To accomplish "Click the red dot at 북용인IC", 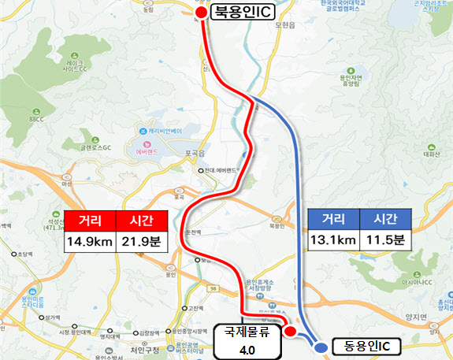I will [202, 13].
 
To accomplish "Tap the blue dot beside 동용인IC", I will [321, 346].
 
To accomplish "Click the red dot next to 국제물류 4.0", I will [288, 330].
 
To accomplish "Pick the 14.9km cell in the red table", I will [89, 240].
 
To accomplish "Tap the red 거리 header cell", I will [89, 221].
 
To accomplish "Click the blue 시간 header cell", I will [384, 221].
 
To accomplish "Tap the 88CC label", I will [36, 120].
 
